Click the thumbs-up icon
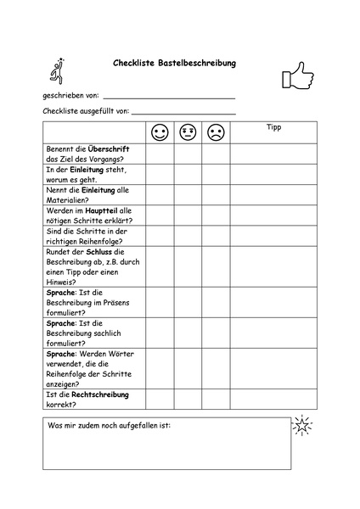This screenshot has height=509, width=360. click(x=297, y=76)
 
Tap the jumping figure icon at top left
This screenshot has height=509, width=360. click(x=57, y=71)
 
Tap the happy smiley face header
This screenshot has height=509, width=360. click(x=160, y=132)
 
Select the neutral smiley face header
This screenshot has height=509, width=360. click(x=188, y=132)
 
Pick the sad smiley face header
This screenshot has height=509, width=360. click(x=216, y=132)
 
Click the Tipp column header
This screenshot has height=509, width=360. click(x=273, y=128)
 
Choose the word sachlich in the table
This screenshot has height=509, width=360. click(x=109, y=333)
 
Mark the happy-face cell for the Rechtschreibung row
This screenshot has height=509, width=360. click(x=160, y=400)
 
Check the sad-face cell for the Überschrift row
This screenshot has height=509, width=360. click(x=216, y=154)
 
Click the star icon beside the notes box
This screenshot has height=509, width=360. click(x=301, y=426)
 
